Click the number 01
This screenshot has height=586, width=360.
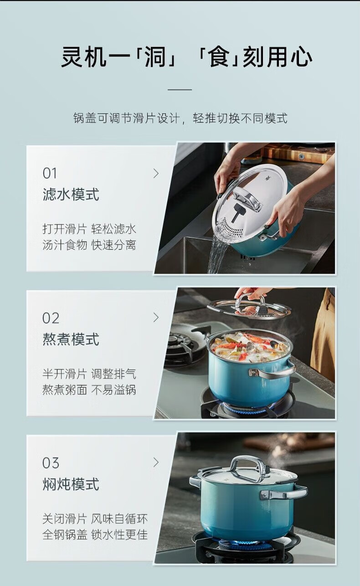pos(50,174)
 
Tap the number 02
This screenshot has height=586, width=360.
pos(51,319)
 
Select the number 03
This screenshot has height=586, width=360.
pos(51,463)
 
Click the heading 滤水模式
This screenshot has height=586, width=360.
pos(71,195)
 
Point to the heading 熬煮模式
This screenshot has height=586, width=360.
pos(71,339)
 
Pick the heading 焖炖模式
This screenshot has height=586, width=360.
pos(71,484)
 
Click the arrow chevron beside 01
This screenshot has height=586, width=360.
pos(156,174)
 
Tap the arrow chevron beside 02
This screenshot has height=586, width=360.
pos(156,317)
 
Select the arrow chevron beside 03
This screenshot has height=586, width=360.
pos(156,463)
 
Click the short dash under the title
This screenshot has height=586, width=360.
pos(180,89)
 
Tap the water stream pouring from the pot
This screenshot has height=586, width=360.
pos(217,254)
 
